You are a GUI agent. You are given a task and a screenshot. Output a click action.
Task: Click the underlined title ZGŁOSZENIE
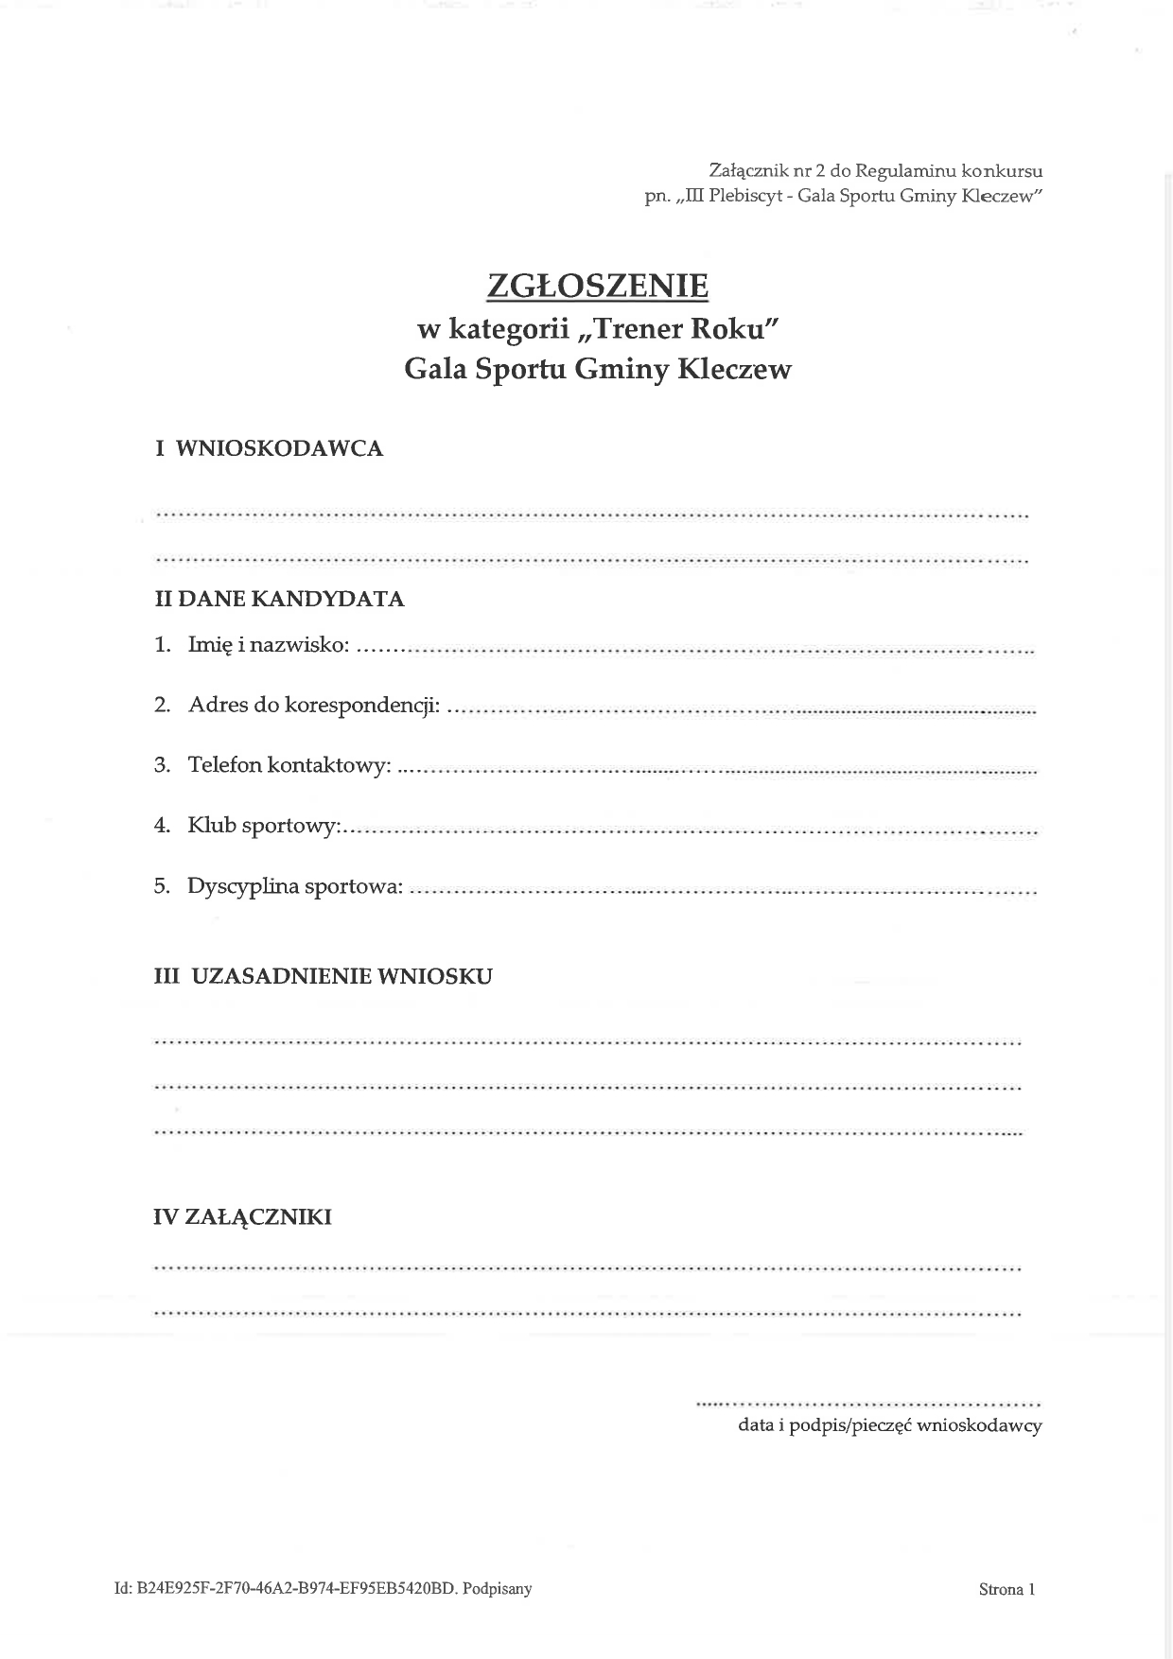pos(597,286)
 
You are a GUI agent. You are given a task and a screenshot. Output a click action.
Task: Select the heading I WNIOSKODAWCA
pos(269,448)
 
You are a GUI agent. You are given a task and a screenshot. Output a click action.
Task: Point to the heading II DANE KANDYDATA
pos(279,599)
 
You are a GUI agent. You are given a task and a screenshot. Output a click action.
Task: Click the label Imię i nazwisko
pos(269,645)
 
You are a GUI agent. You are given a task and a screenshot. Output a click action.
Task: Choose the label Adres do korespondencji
pos(314,705)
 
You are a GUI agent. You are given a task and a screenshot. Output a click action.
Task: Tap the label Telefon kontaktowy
pos(289,764)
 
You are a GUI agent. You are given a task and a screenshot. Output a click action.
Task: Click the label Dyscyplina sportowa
pos(295,886)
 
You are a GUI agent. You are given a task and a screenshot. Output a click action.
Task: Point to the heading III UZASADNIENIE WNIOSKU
pos(323,976)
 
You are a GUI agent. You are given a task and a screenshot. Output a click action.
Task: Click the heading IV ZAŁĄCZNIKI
pos(242,1217)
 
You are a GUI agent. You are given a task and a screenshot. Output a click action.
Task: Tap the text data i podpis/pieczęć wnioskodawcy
pos(889,1425)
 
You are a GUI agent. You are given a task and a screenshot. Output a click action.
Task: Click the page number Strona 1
pos(1007,1589)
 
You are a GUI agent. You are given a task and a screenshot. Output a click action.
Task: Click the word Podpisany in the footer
pos(497,1589)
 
